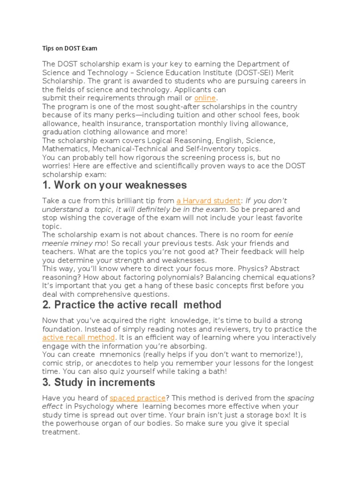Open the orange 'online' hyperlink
(x=205, y=98)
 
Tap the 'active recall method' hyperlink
(x=78, y=337)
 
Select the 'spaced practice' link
(x=137, y=398)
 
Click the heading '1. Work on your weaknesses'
(x=114, y=185)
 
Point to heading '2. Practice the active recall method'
(x=132, y=305)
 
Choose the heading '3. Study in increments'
(x=98, y=382)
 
